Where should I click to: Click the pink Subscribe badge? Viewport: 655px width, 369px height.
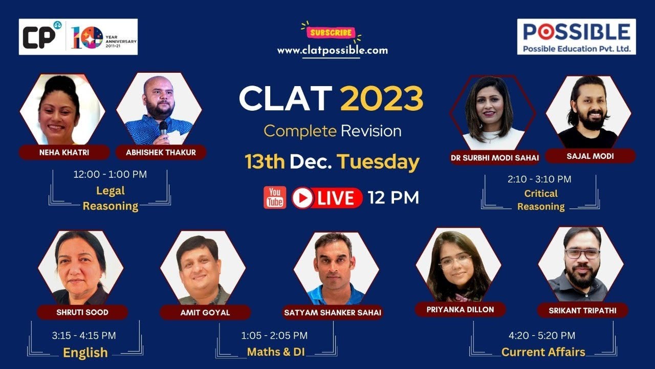point(331,33)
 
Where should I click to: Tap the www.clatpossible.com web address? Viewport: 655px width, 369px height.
point(332,51)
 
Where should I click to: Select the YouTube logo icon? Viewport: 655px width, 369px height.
point(275,197)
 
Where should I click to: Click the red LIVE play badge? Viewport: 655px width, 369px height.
point(327,198)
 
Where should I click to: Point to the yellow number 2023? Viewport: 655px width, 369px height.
point(382,99)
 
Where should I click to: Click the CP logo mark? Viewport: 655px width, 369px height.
point(40,37)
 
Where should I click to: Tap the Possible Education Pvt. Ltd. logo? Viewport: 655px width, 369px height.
point(576,37)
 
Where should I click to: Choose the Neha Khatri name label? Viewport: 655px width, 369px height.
point(64,152)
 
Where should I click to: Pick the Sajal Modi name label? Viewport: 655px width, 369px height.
point(589,156)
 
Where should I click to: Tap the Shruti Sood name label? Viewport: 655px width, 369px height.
point(82,312)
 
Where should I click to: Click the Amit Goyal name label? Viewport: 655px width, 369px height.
point(205,312)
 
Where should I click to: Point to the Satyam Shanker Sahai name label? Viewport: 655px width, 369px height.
point(333,312)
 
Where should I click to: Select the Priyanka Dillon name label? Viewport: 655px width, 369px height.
point(460,310)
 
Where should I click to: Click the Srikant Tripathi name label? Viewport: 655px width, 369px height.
point(582,310)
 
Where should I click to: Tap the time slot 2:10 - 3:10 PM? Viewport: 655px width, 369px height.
point(539,179)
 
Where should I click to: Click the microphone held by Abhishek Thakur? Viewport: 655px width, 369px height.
point(163,128)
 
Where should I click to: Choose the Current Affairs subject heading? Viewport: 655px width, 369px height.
point(543,352)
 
